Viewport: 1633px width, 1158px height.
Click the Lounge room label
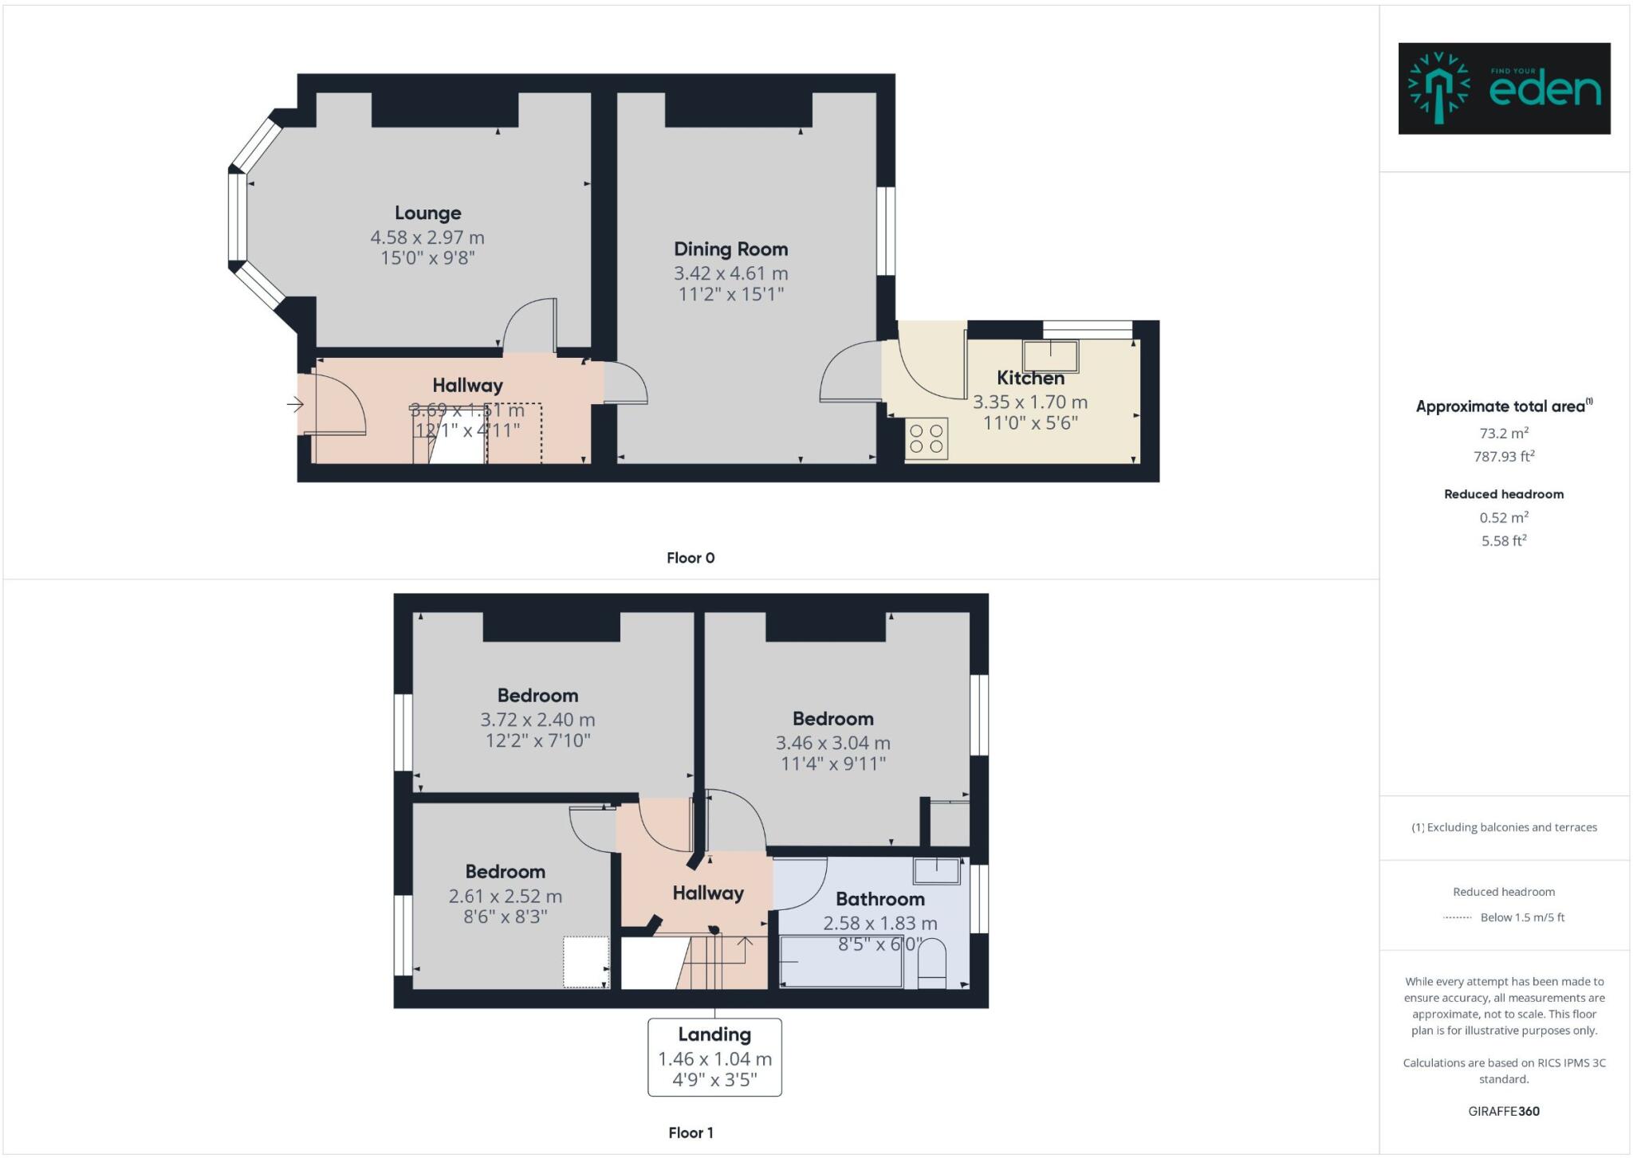pos(427,213)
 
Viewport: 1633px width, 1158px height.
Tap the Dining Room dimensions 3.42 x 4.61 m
pos(730,273)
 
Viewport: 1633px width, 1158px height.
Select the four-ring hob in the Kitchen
pos(926,438)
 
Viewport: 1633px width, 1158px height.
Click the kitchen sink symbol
pos(1051,356)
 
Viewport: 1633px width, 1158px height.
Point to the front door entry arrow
pos(295,405)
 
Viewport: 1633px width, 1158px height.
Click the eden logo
pos(1504,88)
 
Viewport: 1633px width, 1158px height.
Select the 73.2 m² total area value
pos(1504,434)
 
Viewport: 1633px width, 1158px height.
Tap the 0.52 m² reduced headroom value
pos(1504,518)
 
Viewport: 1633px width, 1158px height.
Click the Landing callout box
pos(714,1057)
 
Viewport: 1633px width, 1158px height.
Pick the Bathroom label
pos(879,899)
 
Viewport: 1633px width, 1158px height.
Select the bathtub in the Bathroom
pos(840,962)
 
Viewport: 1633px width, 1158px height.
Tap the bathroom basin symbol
pos(937,871)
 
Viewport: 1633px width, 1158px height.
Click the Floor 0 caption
pos(691,558)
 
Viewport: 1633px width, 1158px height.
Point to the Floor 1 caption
pos(691,1132)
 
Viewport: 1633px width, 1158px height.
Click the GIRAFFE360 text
pos(1504,1111)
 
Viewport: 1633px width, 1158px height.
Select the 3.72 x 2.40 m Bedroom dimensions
pos(537,720)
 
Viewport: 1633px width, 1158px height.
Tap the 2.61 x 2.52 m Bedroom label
pos(505,872)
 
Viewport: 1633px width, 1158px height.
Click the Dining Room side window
pos(886,231)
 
